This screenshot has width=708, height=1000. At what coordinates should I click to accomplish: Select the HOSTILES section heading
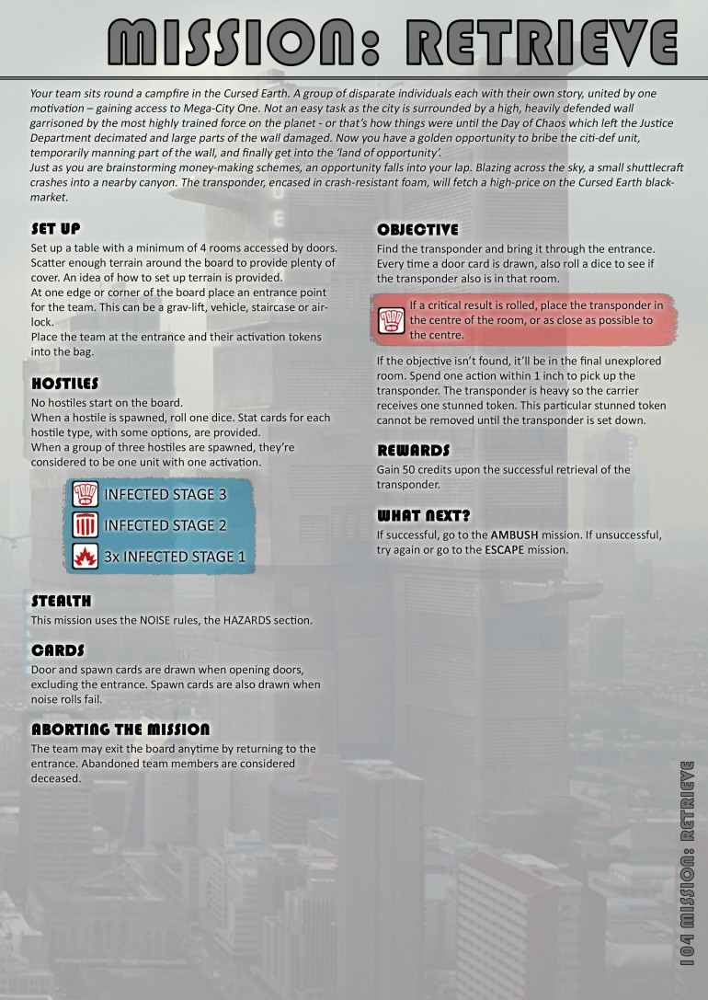point(64,383)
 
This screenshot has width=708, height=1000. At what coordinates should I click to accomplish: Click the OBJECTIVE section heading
point(417,229)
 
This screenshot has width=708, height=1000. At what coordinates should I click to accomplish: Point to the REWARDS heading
point(413,450)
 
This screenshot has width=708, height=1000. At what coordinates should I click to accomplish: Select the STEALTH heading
point(62,601)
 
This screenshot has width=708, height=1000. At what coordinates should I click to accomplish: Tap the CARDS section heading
point(58,649)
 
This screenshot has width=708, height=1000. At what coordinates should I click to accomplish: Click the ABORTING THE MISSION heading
point(120,730)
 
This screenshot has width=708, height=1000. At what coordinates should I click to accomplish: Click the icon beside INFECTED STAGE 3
point(86,494)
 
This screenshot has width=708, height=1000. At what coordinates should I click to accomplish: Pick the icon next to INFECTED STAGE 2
point(86,525)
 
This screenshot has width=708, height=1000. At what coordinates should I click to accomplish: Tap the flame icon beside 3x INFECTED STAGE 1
point(86,556)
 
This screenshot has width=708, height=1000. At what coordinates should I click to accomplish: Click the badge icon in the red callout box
point(393,320)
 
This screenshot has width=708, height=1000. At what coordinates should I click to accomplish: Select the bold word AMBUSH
point(516,534)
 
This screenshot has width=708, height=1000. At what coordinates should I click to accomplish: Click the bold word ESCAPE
point(509,549)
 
